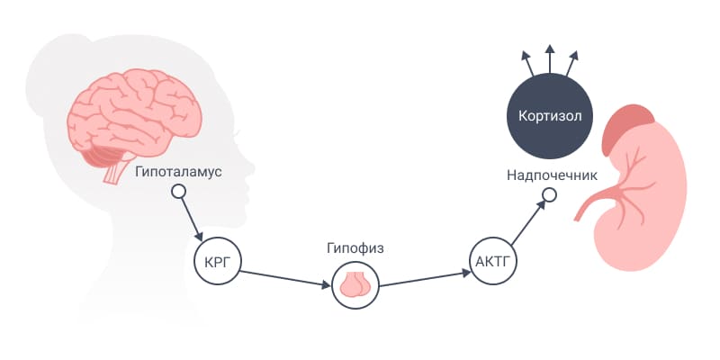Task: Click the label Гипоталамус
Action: point(178,173)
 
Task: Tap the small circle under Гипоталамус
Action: point(178,191)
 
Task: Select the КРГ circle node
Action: point(217,262)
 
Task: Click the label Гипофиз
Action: point(355,249)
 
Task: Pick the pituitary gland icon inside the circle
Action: point(355,284)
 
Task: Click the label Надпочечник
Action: point(552,175)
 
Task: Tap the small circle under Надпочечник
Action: point(549,194)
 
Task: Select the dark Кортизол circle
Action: point(550,115)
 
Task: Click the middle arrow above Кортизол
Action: point(550,58)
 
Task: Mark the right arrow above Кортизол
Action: point(571,64)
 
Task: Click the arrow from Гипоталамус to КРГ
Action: point(192,219)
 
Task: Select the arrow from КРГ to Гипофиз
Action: point(285,279)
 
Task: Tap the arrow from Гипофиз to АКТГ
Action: point(425,279)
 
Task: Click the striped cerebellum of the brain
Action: point(100,155)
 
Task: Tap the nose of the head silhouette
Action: point(249,168)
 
